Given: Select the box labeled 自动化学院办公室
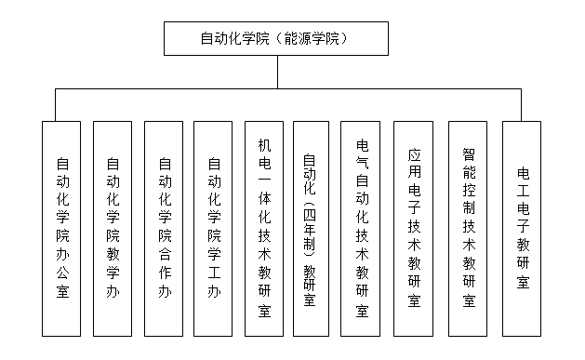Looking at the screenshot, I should tap(61, 228).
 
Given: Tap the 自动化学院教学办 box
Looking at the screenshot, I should tap(113, 228).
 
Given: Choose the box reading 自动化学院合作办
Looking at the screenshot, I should tap(164, 228).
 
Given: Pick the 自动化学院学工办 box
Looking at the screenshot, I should tap(213, 228).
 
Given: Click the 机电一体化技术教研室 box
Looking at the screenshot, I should tap(264, 228).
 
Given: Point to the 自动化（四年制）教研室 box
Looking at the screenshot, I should tap(311, 228).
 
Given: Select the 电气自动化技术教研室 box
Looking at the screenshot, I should tap(362, 228).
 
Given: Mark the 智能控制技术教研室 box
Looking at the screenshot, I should tap(468, 228).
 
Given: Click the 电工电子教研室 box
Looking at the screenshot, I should tap(523, 228).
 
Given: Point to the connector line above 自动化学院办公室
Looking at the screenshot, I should tap(55, 104).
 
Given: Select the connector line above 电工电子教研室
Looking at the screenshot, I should tap(523, 104).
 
